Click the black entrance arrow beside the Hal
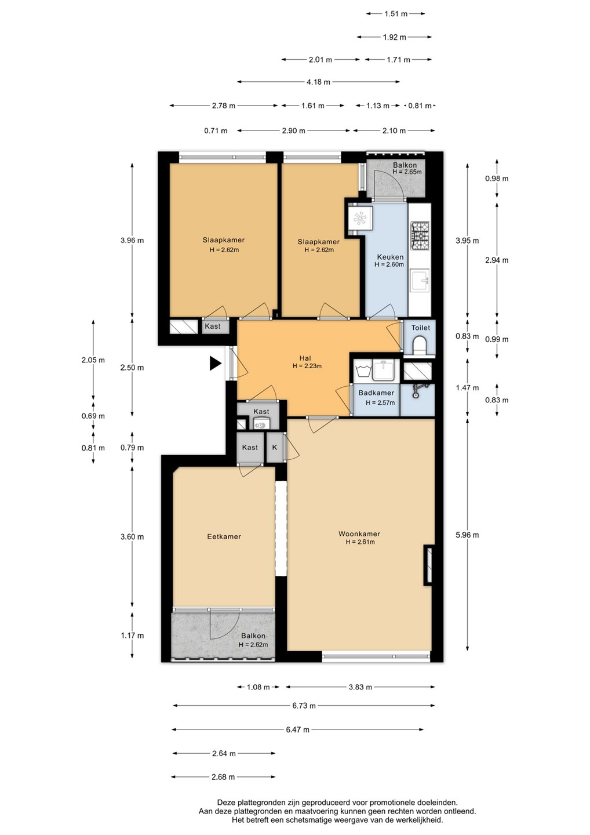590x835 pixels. (x=215, y=364)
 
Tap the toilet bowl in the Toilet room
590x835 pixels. (x=420, y=345)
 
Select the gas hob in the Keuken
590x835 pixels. (x=420, y=235)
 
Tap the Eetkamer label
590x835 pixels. (x=224, y=536)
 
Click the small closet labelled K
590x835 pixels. (x=275, y=447)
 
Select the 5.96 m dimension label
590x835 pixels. (x=468, y=535)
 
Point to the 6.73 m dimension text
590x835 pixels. (x=304, y=706)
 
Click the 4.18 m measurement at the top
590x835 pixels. (x=318, y=82)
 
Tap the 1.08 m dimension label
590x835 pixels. (x=258, y=687)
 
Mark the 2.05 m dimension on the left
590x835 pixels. (x=93, y=360)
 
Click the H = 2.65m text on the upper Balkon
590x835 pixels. (x=407, y=172)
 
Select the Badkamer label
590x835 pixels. (x=376, y=393)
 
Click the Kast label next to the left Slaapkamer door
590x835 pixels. (x=213, y=326)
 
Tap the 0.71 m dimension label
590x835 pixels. (x=216, y=131)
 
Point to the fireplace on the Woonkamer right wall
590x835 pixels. (x=428, y=565)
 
